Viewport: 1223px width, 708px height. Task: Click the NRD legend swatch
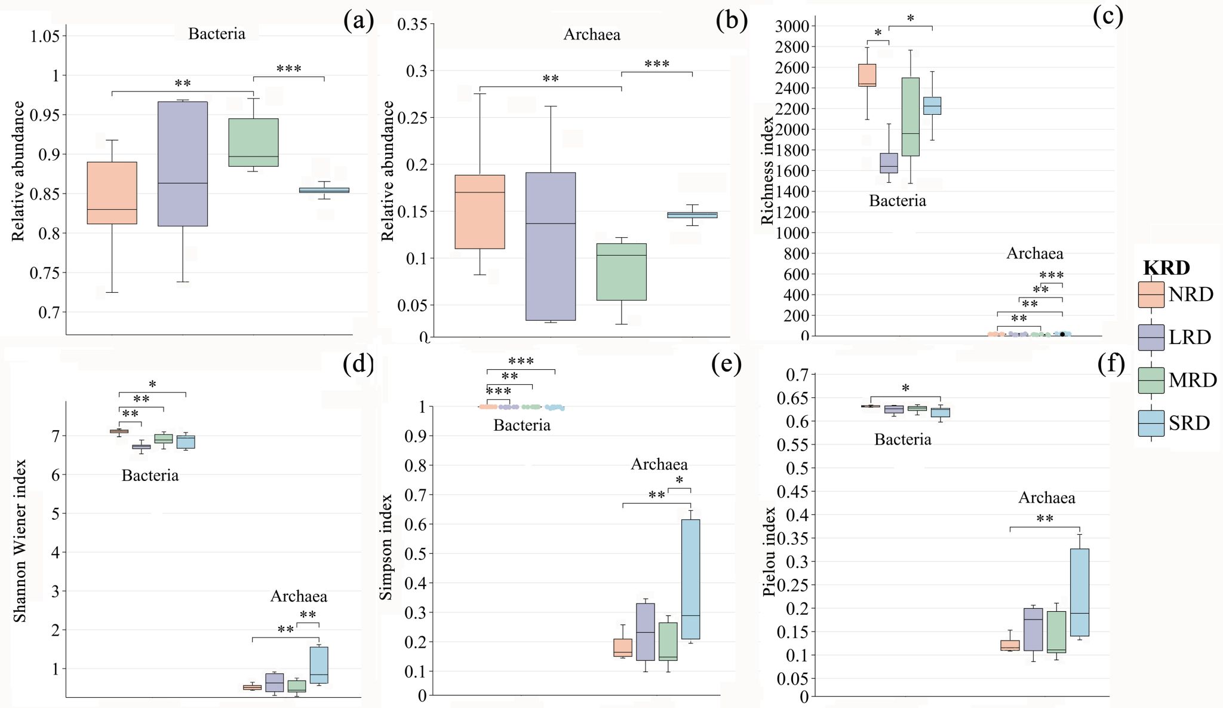[1151, 295]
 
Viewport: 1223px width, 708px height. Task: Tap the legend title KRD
[1166, 268]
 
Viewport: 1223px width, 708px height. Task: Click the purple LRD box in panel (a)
[183, 164]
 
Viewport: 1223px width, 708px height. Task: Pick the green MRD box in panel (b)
[622, 272]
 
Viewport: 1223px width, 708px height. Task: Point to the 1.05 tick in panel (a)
[45, 36]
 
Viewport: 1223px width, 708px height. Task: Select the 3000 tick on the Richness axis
[792, 26]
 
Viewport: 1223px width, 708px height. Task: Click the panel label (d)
[358, 364]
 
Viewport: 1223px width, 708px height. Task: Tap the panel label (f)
[1111, 364]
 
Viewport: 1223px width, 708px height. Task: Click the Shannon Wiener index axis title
[20, 541]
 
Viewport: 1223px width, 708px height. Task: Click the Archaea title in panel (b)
[592, 35]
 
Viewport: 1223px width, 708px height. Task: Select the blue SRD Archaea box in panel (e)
[691, 579]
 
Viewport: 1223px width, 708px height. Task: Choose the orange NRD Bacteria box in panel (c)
[867, 75]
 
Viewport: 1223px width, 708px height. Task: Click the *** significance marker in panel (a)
[288, 69]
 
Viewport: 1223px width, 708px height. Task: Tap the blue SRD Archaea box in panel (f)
[1080, 592]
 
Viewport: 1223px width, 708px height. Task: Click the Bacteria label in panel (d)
[150, 476]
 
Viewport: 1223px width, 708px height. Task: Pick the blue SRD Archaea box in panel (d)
[319, 665]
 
